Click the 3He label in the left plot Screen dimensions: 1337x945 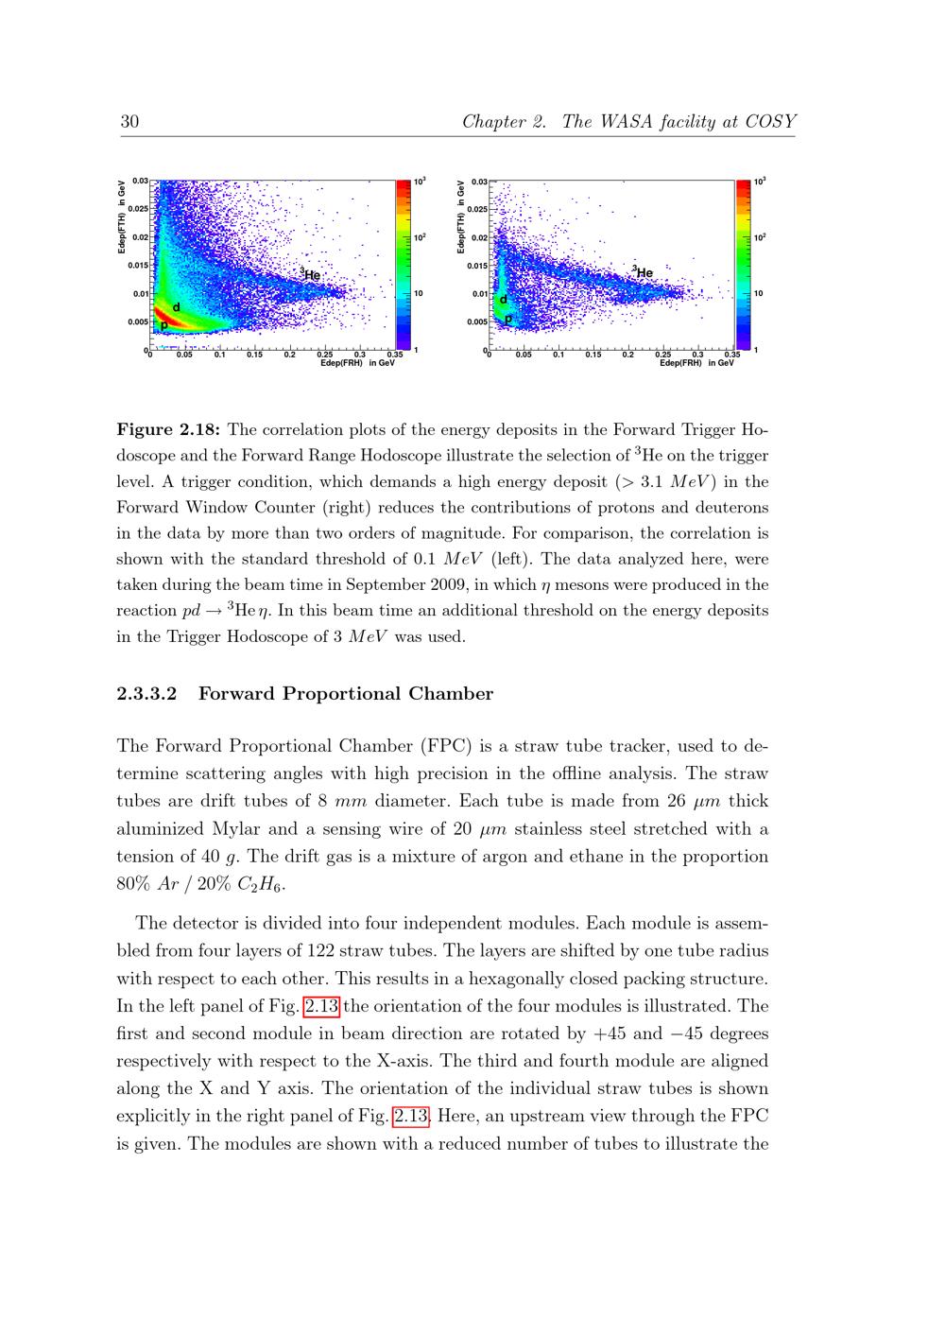tap(311, 274)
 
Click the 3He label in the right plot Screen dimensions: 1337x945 tap(644, 272)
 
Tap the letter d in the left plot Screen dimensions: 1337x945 tap(176, 307)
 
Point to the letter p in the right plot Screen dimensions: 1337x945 tap(508, 320)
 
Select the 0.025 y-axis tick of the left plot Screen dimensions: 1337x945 tap(139, 208)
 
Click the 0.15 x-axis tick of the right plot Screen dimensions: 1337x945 tap(593, 356)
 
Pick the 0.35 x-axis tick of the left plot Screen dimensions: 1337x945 tap(394, 356)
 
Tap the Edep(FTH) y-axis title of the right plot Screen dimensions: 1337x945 tap(460, 217)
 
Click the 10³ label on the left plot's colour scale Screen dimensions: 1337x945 tap(420, 181)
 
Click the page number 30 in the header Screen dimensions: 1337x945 tap(130, 122)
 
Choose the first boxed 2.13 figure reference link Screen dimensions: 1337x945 tap(321, 1006)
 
